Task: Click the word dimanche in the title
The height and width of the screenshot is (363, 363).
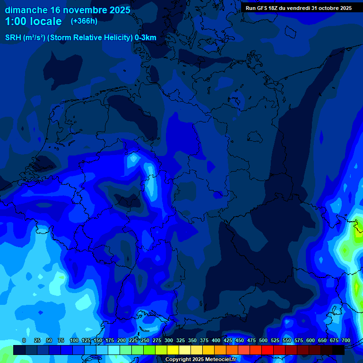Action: pos(26,10)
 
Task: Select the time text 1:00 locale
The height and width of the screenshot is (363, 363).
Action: pos(34,21)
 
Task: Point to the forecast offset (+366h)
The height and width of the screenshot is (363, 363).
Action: pos(84,21)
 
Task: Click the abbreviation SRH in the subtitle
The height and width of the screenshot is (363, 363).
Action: pos(13,38)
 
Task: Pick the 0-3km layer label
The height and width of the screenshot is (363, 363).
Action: pos(146,38)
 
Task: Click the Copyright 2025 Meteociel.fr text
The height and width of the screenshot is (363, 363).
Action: pos(200,359)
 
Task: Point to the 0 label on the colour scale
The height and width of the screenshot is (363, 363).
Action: pos(24,340)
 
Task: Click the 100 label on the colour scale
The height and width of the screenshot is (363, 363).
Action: pos(74,340)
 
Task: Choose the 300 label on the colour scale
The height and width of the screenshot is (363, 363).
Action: pos(169,340)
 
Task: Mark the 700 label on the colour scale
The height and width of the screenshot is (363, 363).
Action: pos(346,340)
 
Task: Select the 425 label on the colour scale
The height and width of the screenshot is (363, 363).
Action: pos(228,340)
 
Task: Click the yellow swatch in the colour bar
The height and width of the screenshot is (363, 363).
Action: pos(173,350)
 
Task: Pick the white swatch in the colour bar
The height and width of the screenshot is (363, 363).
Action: pos(114,350)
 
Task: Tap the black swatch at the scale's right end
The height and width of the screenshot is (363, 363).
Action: pos(338,350)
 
